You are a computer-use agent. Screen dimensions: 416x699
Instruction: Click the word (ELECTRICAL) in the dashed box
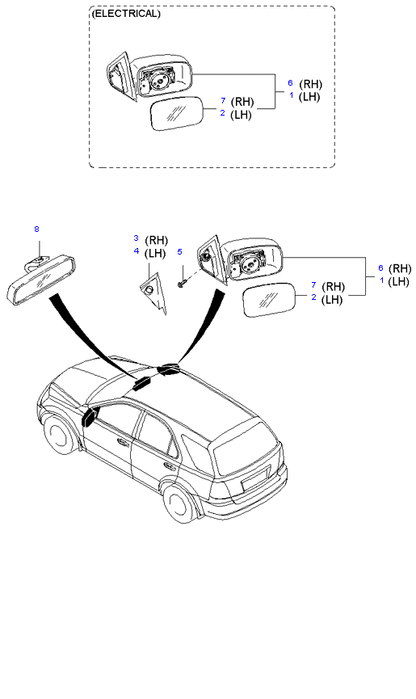[125, 14]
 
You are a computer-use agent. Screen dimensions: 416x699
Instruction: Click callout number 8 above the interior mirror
[36, 229]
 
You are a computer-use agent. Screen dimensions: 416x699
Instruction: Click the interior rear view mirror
[41, 280]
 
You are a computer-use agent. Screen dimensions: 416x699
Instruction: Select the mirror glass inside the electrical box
[177, 114]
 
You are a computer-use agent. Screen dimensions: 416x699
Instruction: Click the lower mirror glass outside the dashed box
[269, 300]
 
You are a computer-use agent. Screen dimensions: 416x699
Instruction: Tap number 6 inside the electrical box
[291, 83]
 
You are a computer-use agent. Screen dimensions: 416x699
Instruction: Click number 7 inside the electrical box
[223, 101]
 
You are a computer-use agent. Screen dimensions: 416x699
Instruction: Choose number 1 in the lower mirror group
[382, 280]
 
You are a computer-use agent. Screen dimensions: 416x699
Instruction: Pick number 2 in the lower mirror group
[314, 297]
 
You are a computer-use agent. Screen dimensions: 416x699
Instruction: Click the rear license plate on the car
[255, 478]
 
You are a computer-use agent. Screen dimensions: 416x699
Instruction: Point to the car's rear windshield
[245, 448]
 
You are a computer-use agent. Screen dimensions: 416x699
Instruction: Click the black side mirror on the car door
[90, 417]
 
